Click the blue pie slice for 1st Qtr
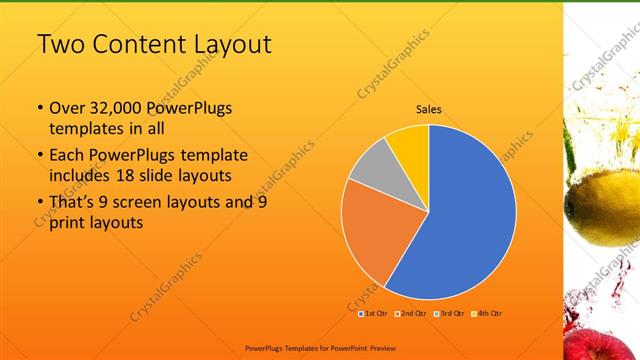point(470,215)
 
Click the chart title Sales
point(429,110)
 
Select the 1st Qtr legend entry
point(376,314)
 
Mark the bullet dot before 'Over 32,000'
point(38,108)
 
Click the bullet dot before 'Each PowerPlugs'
point(38,155)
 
